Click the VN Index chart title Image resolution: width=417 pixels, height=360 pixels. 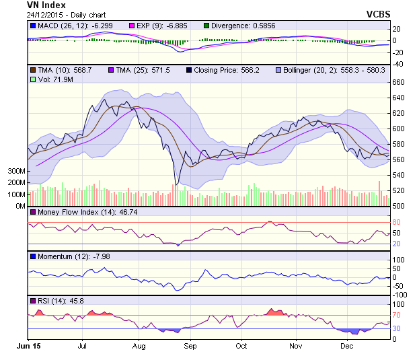tap(47, 5)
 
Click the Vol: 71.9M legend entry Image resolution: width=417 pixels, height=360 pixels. tap(50, 80)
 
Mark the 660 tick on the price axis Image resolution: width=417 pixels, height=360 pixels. tap(400, 82)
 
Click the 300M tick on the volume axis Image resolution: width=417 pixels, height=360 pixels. tap(15, 172)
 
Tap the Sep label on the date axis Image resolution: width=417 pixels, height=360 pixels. tap(190, 346)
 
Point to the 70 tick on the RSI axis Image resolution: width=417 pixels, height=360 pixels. tap(397, 315)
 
